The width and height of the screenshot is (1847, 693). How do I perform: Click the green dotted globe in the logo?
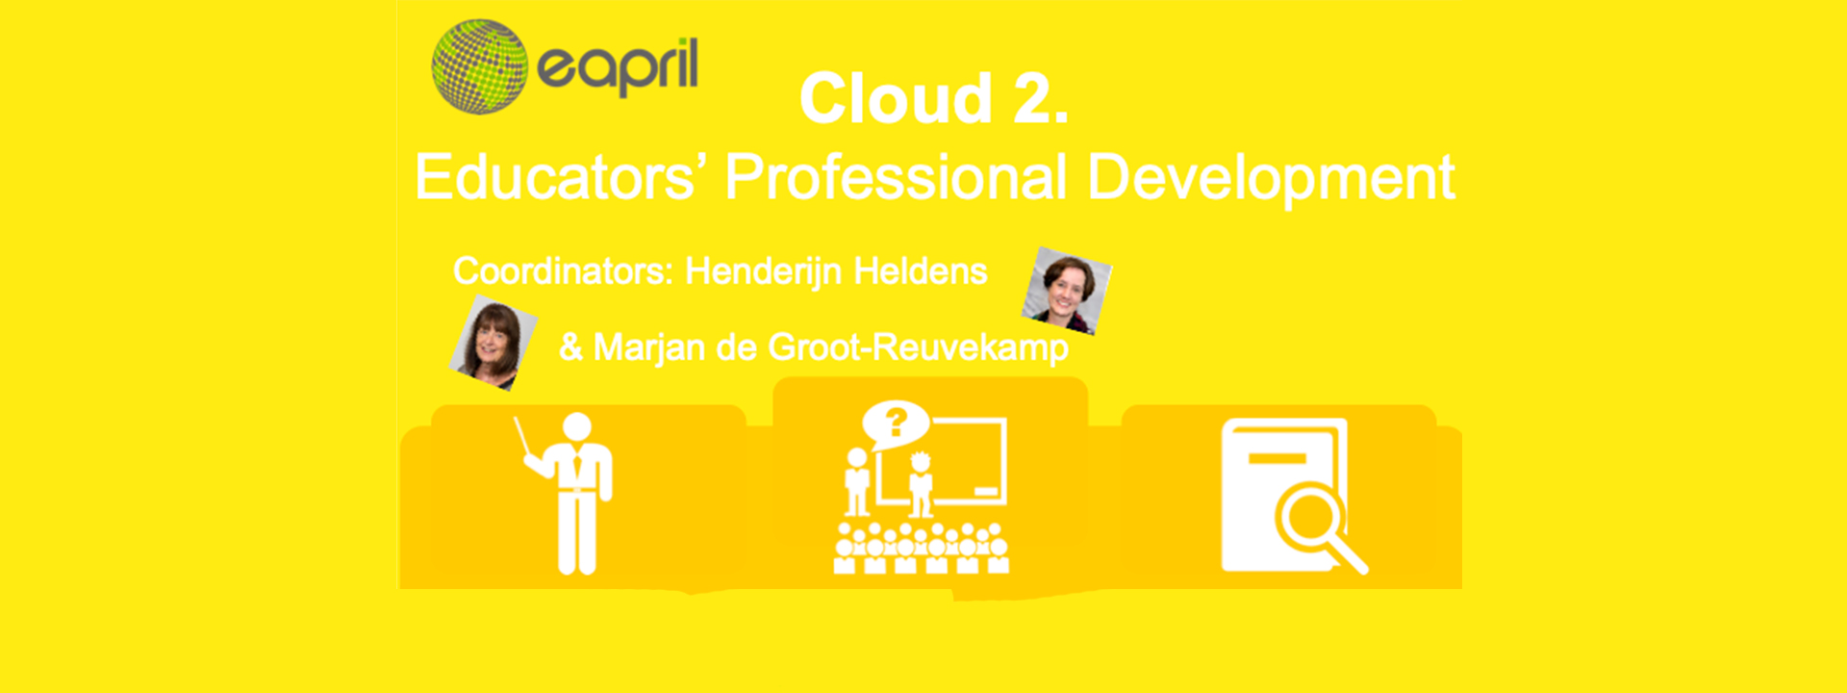click(x=479, y=66)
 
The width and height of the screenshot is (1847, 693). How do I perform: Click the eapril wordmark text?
click(x=618, y=67)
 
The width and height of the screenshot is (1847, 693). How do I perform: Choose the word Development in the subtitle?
click(x=1271, y=178)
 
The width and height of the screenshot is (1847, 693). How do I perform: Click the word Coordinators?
click(x=563, y=271)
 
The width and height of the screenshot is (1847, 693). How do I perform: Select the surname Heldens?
click(x=921, y=271)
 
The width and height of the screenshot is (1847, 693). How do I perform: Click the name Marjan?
click(x=648, y=347)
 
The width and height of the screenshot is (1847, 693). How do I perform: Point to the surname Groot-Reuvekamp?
click(x=918, y=347)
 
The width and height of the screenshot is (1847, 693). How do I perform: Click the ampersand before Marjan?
click(x=571, y=347)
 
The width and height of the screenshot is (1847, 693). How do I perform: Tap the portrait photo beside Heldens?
click(x=1066, y=291)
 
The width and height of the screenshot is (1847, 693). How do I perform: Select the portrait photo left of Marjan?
click(x=493, y=343)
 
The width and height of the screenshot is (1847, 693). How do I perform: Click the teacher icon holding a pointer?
click(x=571, y=493)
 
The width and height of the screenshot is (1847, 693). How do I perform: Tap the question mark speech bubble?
click(x=896, y=423)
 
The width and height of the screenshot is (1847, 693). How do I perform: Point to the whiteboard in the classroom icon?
click(x=956, y=462)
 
